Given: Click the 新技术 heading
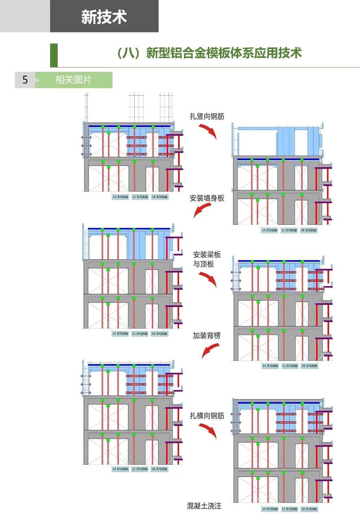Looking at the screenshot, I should coord(104,17).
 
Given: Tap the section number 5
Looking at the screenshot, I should coord(25,80).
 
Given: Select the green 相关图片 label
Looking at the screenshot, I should coord(74,80).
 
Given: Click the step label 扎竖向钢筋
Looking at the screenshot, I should coord(207,116).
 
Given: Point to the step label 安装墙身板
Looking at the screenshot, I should coord(207,198).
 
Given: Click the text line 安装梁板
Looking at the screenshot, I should coord(207,255).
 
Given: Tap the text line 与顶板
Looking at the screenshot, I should coord(204,264).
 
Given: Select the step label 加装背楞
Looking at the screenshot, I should coord(206,336).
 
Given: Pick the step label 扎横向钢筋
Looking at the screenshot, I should coord(207,416).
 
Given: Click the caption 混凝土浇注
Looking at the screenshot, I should coord(204,506).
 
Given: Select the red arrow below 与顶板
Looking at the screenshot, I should coord(208,279).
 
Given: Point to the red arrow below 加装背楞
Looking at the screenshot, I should coord(210,350).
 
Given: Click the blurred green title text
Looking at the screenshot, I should coord(209,54).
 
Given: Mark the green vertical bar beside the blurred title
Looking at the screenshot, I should coord(54,55).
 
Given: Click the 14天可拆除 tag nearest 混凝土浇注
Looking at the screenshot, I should coord(270,509).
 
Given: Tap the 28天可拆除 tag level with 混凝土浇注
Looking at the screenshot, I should coord(309,509).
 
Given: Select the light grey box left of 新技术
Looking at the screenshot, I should coord(25,17).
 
